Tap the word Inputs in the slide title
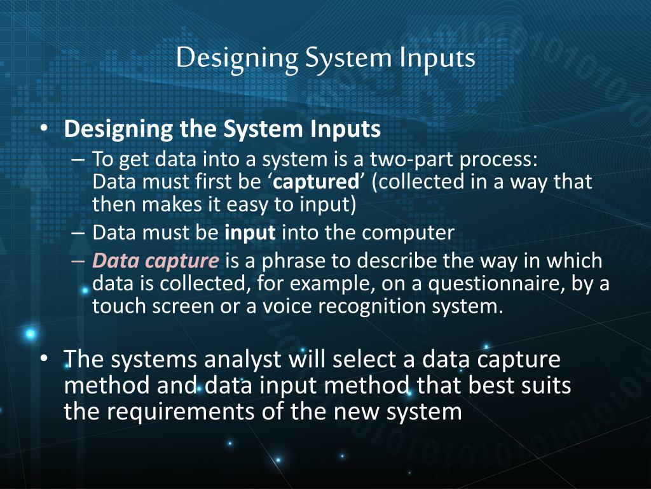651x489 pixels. tap(437, 58)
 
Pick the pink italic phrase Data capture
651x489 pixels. tap(156, 261)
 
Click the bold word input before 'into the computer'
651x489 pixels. tap(250, 233)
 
